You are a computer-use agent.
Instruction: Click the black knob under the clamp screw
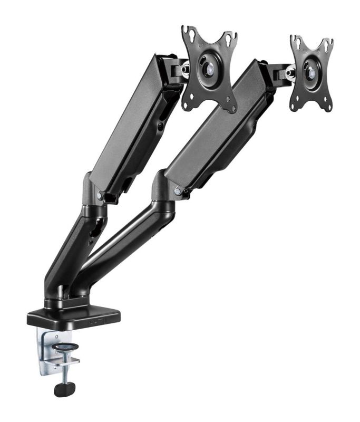click(x=64, y=389)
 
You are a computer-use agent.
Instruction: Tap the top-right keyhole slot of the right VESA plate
click(x=327, y=44)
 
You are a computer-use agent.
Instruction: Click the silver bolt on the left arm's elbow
click(x=100, y=195)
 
